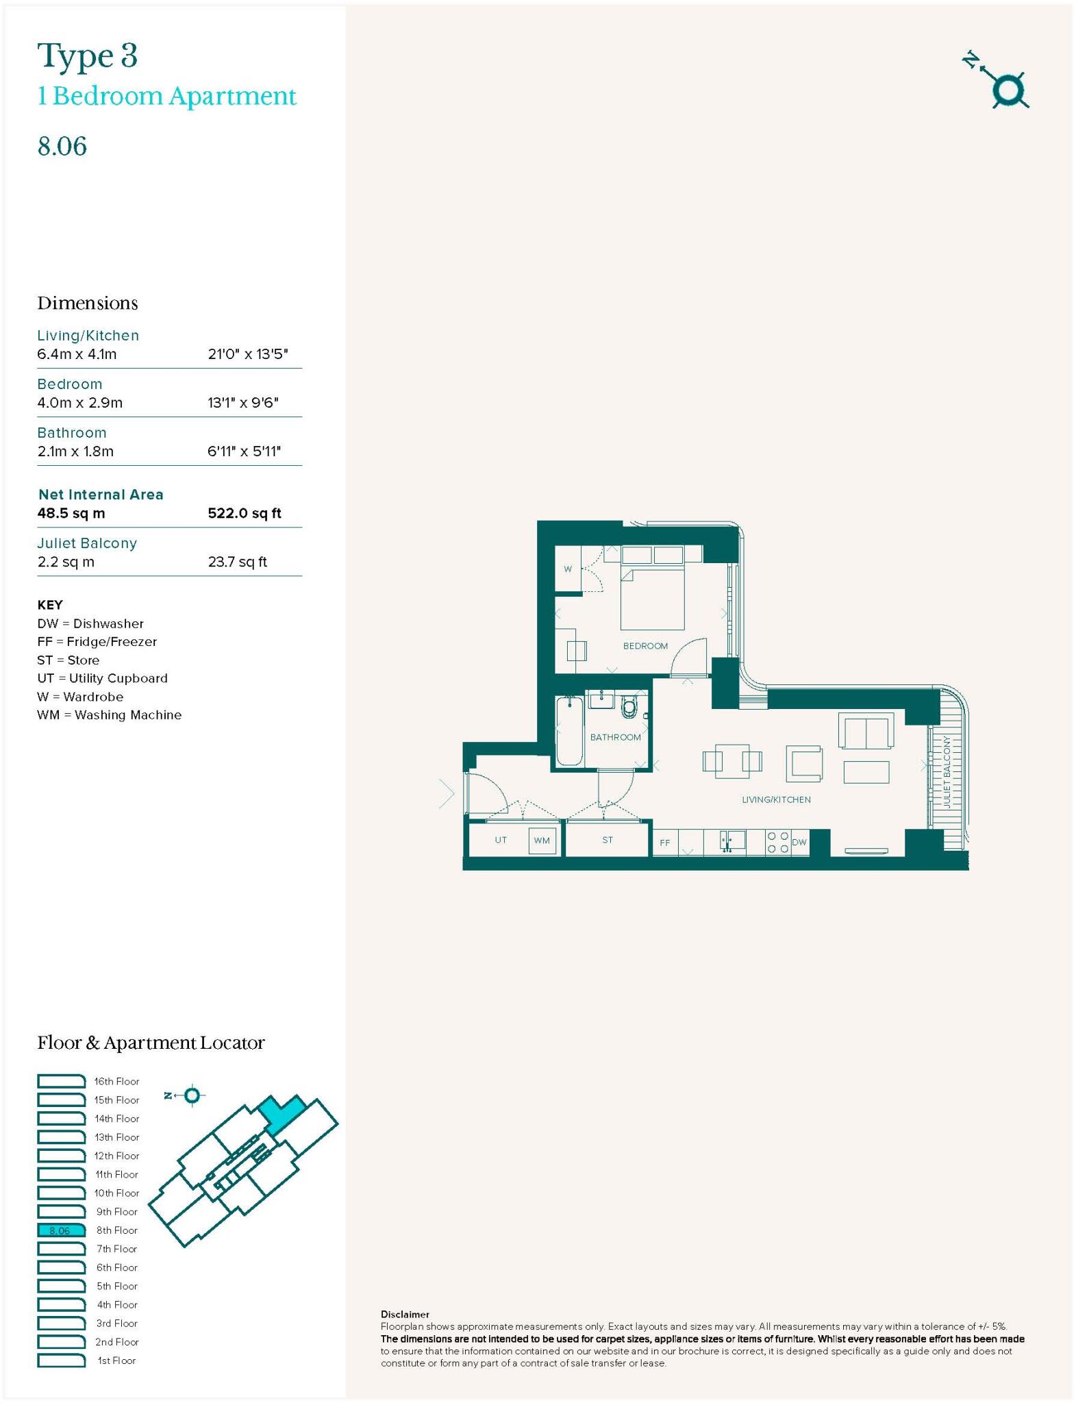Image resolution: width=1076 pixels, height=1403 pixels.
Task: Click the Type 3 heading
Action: (x=88, y=56)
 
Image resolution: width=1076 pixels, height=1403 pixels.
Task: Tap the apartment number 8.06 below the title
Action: (x=62, y=147)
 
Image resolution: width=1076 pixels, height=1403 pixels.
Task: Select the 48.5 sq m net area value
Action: (x=71, y=513)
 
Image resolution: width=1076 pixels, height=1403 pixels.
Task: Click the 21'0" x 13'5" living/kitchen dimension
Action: (x=247, y=354)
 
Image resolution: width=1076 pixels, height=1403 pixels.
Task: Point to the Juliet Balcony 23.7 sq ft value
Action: (x=237, y=562)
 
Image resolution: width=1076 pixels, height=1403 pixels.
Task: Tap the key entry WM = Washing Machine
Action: (x=110, y=715)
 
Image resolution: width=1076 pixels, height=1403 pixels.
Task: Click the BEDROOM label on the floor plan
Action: (x=645, y=646)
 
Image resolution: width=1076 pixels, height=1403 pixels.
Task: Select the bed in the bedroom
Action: (x=652, y=597)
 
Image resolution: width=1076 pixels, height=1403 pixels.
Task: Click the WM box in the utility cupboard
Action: (x=542, y=841)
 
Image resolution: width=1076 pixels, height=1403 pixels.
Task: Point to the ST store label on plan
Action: (x=608, y=840)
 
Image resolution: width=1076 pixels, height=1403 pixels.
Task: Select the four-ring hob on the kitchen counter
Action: (x=777, y=842)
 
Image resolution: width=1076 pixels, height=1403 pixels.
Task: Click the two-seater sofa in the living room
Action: (x=866, y=731)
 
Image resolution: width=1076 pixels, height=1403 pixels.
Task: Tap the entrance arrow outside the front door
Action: (x=447, y=795)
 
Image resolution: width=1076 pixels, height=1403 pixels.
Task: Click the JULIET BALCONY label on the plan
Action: (x=947, y=772)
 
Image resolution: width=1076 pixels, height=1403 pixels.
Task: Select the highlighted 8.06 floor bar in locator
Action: (x=61, y=1230)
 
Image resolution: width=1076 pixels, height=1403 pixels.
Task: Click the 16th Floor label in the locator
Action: (x=116, y=1081)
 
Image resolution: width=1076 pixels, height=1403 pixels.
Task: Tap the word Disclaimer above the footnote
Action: (x=405, y=1315)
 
